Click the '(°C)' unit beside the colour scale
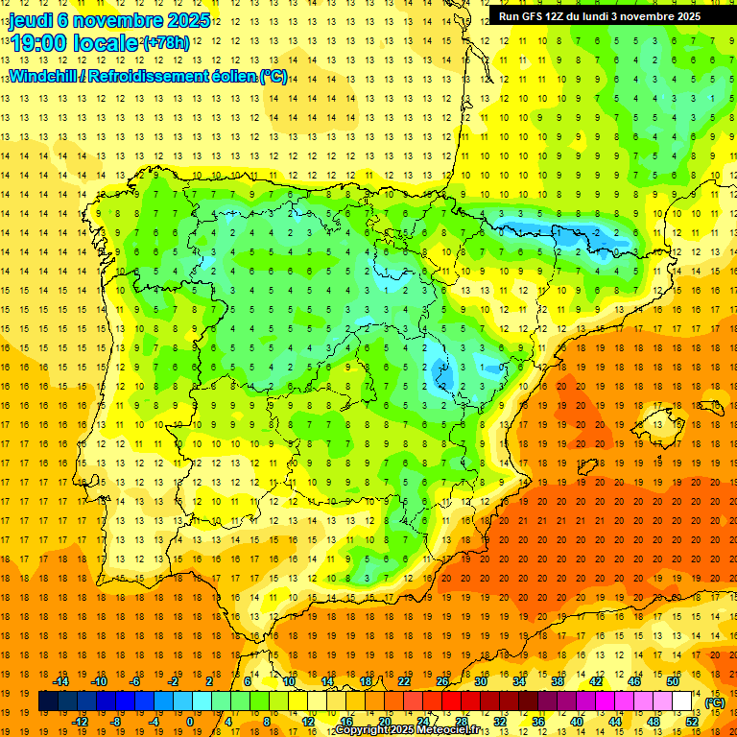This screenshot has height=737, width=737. click(x=714, y=702)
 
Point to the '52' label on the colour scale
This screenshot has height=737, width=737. click(x=692, y=722)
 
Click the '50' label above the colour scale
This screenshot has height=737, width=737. click(x=673, y=681)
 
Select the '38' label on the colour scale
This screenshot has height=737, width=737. click(x=558, y=681)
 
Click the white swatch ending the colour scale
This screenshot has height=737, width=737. click(x=682, y=701)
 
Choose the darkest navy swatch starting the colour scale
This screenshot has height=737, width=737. click(x=49, y=701)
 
